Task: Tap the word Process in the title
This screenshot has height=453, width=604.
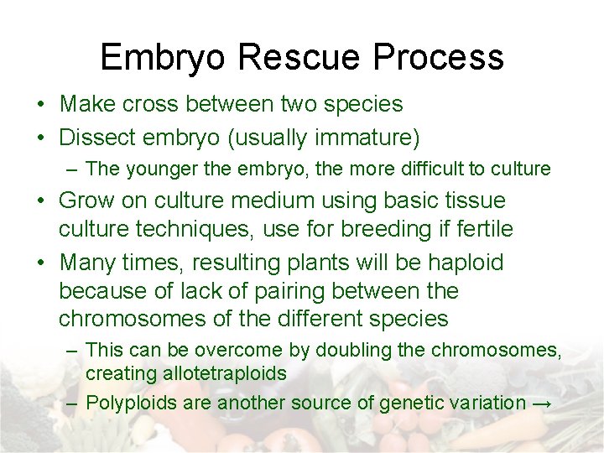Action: click(x=439, y=57)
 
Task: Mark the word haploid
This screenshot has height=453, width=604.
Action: click(x=466, y=263)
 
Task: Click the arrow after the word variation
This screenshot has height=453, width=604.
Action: click(x=542, y=404)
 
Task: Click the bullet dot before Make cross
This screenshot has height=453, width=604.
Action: click(x=40, y=105)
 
